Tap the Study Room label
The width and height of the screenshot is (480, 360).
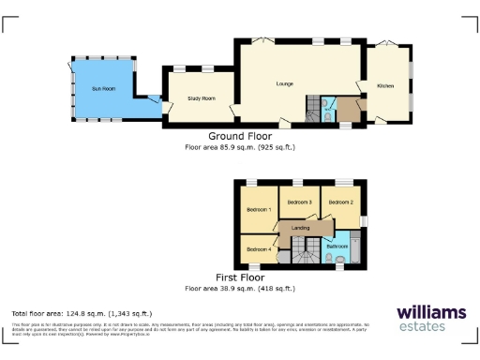point(202,97)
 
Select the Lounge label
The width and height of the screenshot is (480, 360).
point(285,84)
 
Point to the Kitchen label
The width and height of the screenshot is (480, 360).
point(385,86)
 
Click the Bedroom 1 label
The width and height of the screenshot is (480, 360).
point(259,209)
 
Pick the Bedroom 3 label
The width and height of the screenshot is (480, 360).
point(299,202)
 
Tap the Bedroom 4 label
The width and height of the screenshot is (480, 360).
point(259,248)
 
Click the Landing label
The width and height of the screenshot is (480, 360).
point(301,228)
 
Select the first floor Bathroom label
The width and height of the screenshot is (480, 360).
point(337,245)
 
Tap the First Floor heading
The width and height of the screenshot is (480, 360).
point(240,278)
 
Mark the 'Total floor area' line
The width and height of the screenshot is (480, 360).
point(81,313)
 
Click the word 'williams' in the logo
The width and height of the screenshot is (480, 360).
point(430,311)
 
